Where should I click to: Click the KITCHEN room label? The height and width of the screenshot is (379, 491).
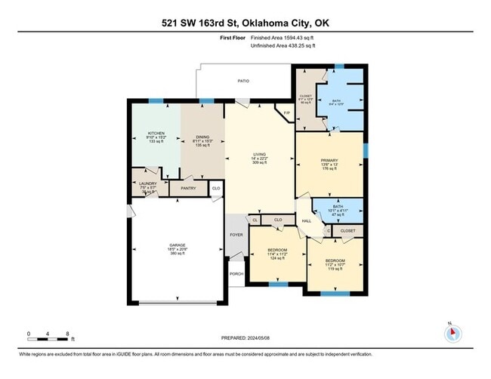156,132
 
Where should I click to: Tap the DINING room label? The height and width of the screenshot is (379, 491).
202,137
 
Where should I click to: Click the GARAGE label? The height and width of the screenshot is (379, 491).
177,246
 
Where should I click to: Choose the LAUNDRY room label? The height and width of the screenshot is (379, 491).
148,183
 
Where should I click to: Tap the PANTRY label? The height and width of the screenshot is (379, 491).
187,188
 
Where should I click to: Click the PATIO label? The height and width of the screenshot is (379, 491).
243,79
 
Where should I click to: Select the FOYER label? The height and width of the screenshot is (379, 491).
236,235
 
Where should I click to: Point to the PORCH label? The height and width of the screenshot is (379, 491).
236,273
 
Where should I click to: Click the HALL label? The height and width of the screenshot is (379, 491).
307,220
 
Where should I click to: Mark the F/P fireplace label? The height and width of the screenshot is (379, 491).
286,113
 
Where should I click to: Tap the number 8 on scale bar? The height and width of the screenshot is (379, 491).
69,333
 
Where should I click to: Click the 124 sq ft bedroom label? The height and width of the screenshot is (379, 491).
276,259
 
